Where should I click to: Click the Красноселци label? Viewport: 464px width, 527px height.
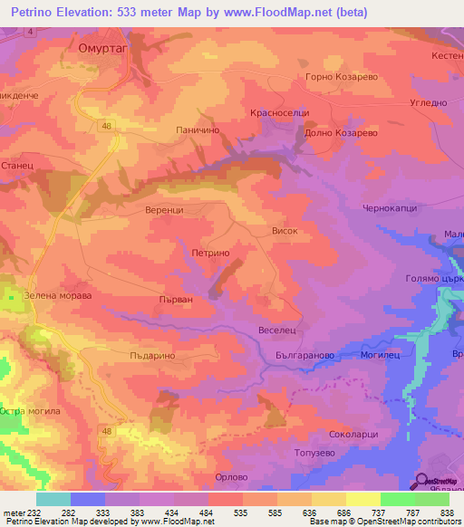pos(280,113)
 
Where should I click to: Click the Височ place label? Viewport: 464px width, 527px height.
pos(285,232)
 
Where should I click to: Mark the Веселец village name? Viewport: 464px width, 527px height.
pos(277,331)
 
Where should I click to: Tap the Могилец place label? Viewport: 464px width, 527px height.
pos(381,356)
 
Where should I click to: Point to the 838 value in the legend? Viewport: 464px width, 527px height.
pos(445,511)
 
